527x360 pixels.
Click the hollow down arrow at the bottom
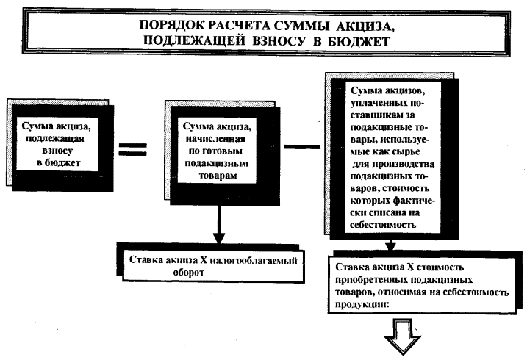click(x=403, y=342)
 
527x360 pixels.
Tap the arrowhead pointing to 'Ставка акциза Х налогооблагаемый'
click(x=218, y=240)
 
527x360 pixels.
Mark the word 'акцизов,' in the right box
click(x=403, y=90)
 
